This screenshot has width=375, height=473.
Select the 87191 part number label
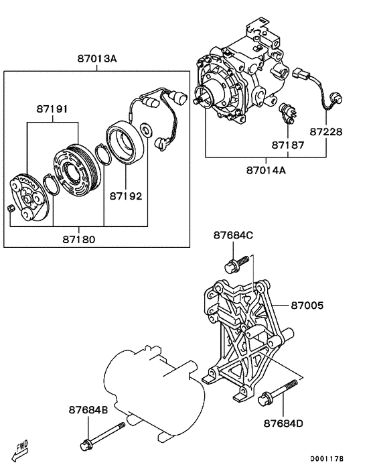(x=52, y=109)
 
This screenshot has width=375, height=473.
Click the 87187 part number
(x=288, y=145)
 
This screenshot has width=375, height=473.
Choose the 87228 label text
(x=326, y=133)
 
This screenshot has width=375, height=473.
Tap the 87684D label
(x=283, y=423)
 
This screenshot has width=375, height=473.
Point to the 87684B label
(x=88, y=409)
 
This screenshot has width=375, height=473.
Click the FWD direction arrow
(x=21, y=448)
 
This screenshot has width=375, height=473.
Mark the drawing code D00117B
(x=327, y=460)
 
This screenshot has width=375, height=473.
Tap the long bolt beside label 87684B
(x=104, y=435)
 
